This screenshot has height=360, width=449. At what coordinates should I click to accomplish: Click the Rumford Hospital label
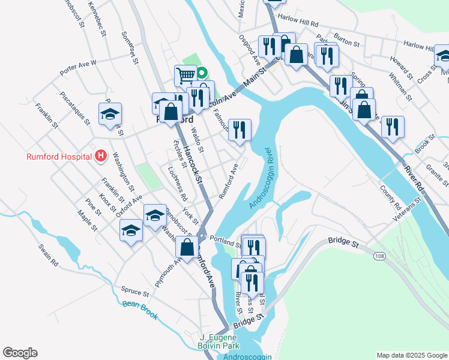(59, 157)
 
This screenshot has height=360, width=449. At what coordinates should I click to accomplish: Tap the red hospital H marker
(101, 157)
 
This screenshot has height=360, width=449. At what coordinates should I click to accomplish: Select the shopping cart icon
(186, 76)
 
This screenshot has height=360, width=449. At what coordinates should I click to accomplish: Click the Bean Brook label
(140, 310)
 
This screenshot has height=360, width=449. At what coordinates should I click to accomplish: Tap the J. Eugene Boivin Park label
(220, 342)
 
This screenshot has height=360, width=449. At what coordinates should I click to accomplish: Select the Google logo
(20, 353)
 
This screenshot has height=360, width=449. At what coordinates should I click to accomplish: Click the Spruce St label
(134, 292)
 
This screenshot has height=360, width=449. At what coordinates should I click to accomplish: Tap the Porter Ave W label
(77, 68)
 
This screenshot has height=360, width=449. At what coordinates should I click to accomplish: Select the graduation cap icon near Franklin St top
(110, 114)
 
